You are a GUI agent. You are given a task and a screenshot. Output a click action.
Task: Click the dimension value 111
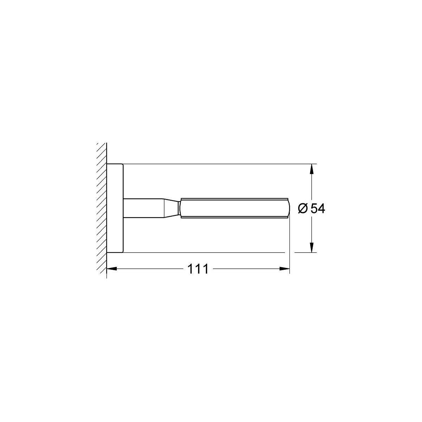198,269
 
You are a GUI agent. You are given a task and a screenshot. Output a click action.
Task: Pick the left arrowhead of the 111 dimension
112,269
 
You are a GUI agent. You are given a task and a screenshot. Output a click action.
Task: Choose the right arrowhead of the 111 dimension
284,269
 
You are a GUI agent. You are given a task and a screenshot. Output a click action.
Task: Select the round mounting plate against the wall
115,208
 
